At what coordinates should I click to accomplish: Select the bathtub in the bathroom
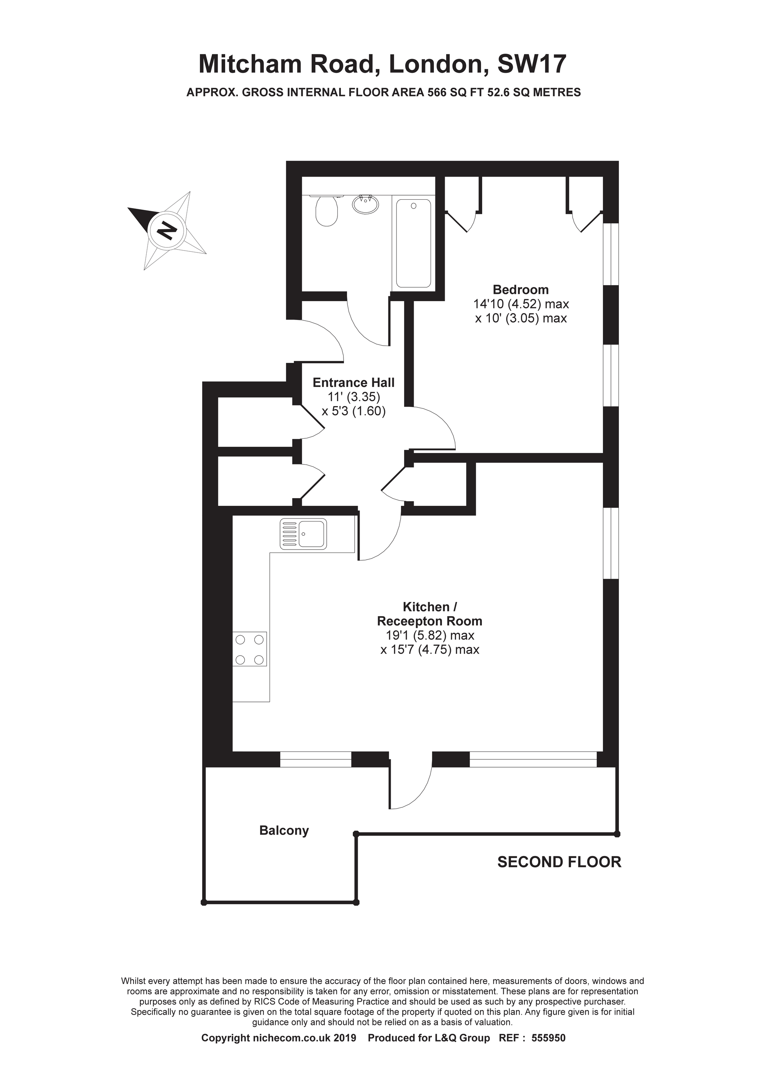click(x=413, y=243)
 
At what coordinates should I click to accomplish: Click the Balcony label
click(x=284, y=830)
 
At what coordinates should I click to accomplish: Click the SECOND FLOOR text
click(x=559, y=862)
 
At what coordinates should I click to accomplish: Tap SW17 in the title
click(x=532, y=65)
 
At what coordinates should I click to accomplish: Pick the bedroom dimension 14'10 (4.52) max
click(x=521, y=304)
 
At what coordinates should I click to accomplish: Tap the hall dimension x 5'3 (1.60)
click(x=354, y=411)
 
